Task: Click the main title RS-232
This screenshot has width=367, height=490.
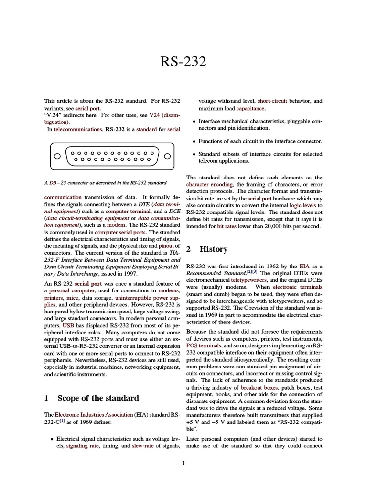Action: (183, 61)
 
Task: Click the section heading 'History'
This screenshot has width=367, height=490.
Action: (213, 249)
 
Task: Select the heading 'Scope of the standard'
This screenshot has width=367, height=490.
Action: (98, 398)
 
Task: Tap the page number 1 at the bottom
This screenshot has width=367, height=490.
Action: (183, 463)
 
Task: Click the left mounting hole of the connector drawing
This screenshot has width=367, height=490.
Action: (57, 156)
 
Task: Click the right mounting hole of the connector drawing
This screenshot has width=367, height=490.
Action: (167, 156)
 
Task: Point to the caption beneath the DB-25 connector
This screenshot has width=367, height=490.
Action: (105, 183)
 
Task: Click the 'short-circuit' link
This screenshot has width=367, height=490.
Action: (273, 101)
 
